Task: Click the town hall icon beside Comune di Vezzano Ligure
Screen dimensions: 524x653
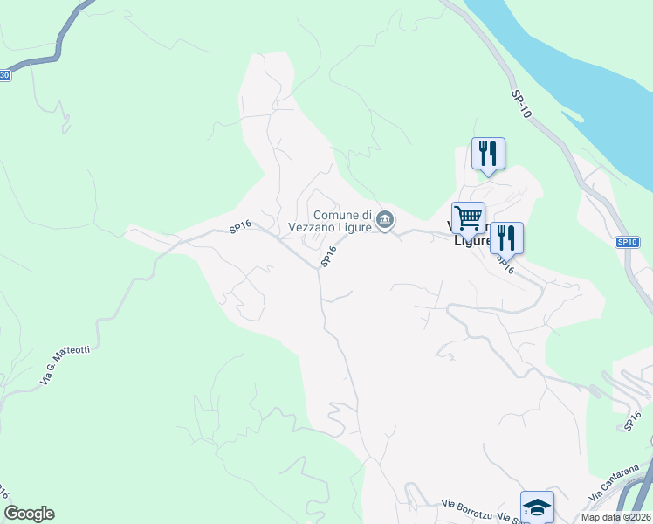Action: click(385, 220)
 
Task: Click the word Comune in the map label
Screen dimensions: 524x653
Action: click(336, 215)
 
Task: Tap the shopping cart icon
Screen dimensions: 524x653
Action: click(468, 217)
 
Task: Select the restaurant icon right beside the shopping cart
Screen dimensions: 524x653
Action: click(506, 238)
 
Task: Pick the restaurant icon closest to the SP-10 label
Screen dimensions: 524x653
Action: click(488, 153)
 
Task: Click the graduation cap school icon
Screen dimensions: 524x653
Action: click(537, 507)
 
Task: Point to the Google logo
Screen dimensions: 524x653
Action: click(29, 514)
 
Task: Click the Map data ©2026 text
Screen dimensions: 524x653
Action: click(615, 517)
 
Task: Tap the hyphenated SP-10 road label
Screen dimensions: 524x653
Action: click(522, 104)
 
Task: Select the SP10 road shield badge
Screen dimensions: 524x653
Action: click(627, 242)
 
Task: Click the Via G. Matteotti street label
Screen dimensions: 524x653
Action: click(65, 365)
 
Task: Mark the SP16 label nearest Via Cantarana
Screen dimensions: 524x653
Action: click(635, 421)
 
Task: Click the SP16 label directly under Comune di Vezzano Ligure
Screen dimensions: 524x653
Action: click(328, 257)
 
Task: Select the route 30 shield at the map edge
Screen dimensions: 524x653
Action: click(4, 75)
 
